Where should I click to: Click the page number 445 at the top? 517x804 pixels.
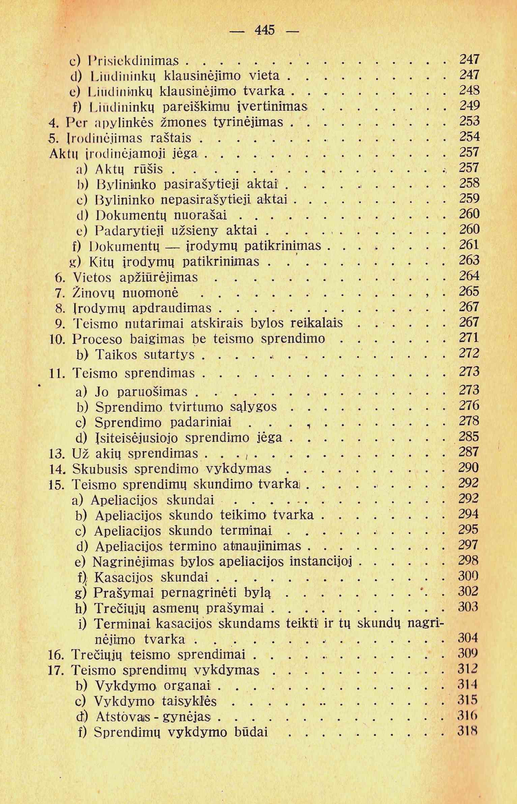pos(265,31)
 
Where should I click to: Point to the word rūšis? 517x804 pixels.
pos(149,169)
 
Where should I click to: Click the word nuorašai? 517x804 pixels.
pos(200,215)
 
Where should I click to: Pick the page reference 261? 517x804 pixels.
pos(469,245)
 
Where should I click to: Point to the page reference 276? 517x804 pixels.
pos(469,406)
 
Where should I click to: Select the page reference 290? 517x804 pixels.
pos(468,468)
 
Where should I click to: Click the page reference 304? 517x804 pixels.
pos(468,638)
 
